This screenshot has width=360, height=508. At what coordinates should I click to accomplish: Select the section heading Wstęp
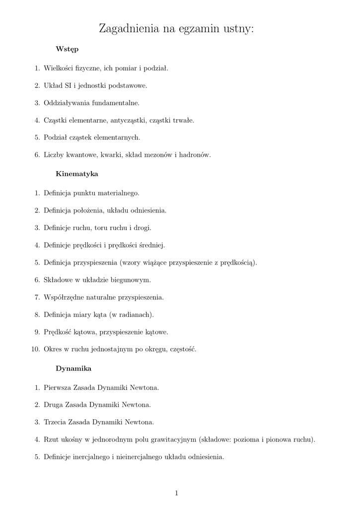point(67,50)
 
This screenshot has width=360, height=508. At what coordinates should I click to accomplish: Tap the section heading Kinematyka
point(76,174)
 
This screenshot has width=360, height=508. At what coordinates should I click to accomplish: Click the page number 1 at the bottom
point(177,493)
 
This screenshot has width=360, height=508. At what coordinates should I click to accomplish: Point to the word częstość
point(183,349)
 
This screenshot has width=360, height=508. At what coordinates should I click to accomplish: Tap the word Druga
point(53,405)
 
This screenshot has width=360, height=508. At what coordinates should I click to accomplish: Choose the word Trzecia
point(56,422)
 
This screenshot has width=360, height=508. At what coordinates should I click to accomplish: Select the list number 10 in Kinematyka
point(35,349)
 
